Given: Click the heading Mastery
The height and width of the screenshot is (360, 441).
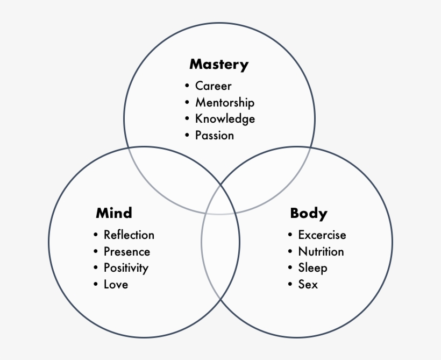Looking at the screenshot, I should point(219,65).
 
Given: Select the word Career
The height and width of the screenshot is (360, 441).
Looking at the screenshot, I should point(213,86).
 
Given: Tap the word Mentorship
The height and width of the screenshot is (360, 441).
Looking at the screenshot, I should point(225,102).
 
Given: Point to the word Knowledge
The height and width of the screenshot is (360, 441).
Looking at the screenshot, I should point(225,119).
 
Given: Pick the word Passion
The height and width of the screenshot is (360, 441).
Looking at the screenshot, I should point(215,136).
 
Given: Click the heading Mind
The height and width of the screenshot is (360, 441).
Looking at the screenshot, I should point(114,213).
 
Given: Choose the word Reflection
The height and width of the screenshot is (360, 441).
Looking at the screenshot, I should point(129,235).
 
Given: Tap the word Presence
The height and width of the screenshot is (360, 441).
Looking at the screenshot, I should point(127,251).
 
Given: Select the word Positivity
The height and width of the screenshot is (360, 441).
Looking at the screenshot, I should point(126,268).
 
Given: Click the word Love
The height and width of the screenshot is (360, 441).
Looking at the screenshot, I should point(116,284).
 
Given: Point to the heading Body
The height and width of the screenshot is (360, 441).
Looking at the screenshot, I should point(309,213).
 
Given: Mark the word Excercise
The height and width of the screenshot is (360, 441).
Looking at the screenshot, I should point(322,235).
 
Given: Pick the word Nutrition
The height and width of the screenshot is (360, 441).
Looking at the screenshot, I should point(321,251).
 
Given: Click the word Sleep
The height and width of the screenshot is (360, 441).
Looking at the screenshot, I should point(312,268).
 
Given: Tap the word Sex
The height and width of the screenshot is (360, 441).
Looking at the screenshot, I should point(308,284).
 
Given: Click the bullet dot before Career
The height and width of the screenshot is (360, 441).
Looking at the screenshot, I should point(187,86).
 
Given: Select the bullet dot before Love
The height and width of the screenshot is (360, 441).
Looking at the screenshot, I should point(96,284).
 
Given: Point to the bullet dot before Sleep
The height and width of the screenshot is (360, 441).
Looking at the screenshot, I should point(290,268).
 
